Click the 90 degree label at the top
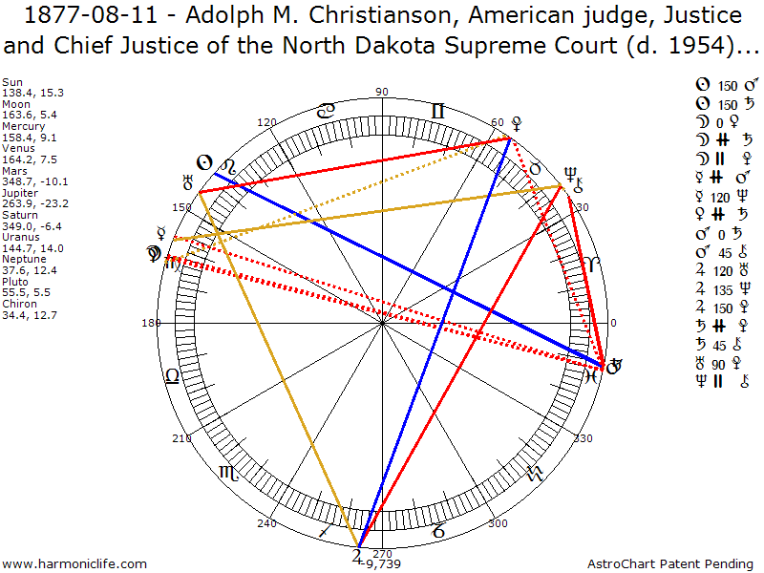(x=382, y=92)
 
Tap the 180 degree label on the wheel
(x=150, y=323)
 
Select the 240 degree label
(x=265, y=523)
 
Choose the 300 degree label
(x=498, y=523)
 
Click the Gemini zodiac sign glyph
(x=437, y=112)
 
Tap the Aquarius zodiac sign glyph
(x=535, y=473)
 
